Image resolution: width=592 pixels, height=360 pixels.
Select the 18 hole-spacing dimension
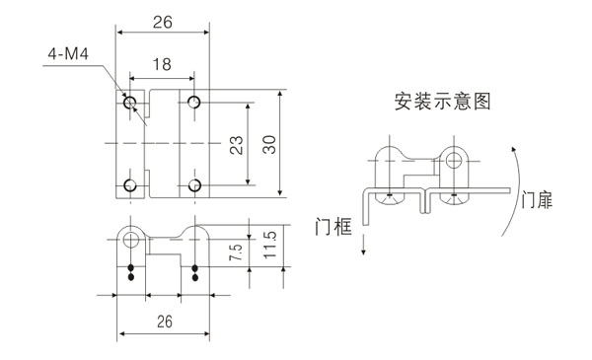(x=161, y=65)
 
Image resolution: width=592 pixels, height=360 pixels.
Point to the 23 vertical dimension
(x=236, y=145)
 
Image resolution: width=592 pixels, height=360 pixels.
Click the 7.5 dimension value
(x=234, y=252)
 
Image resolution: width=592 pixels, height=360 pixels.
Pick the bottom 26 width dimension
(x=165, y=322)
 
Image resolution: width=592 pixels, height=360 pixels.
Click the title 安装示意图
(x=441, y=101)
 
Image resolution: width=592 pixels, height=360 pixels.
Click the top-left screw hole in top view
(x=129, y=102)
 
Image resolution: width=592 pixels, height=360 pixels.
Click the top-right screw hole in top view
(x=194, y=102)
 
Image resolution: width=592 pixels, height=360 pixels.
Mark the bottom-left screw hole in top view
(x=129, y=185)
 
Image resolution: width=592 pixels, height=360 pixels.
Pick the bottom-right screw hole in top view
(x=194, y=185)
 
